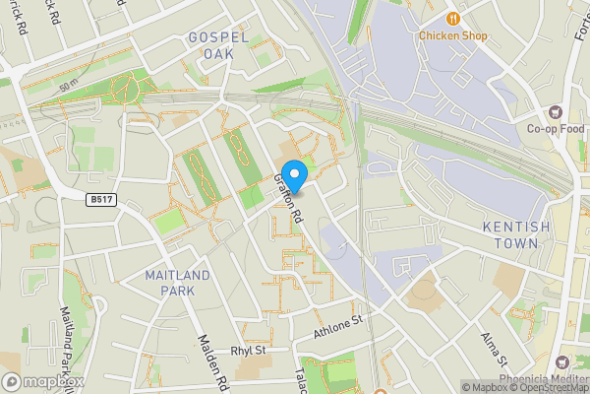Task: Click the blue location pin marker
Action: [x=293, y=171]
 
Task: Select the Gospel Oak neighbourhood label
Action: [x=217, y=45]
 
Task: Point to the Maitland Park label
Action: [x=177, y=283]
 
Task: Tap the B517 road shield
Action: [x=97, y=199]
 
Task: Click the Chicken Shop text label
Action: [x=453, y=35]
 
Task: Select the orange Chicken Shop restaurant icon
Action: [x=453, y=17]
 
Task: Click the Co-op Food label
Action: [x=555, y=128]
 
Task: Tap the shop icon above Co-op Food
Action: [x=556, y=111]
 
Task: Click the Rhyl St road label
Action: [x=249, y=350]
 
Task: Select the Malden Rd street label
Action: [x=213, y=361]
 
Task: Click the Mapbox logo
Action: [x=42, y=381]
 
